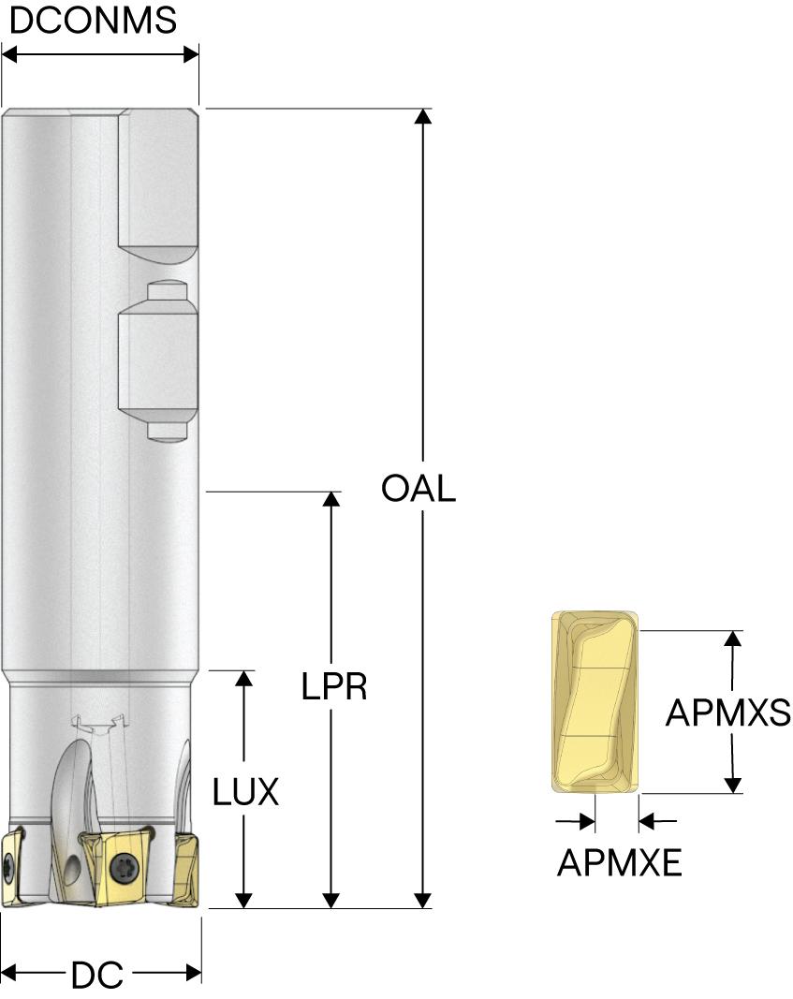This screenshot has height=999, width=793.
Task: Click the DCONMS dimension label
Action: (92, 20)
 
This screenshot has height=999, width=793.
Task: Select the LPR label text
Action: (333, 687)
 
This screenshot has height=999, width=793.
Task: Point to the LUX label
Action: (245, 793)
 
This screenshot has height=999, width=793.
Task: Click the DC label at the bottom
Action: (97, 976)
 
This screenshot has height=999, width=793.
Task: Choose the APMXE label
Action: (619, 862)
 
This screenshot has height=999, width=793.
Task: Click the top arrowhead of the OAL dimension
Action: (423, 117)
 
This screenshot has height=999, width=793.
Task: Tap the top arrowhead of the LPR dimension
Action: (330, 499)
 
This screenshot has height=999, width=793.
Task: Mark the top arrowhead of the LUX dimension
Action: (244, 679)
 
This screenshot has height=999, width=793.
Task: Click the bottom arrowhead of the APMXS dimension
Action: (734, 785)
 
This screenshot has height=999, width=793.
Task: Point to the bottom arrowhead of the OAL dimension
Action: (423, 901)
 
